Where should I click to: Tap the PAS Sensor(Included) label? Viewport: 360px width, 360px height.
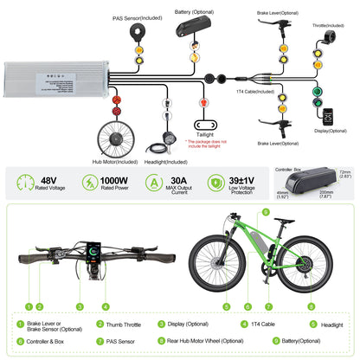[136, 17]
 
